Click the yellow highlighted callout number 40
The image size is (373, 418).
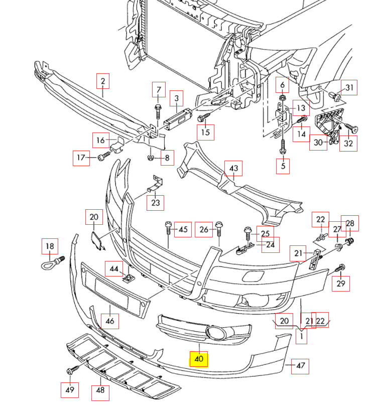click(x=199, y=359)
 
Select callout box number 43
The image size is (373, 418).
click(x=233, y=168)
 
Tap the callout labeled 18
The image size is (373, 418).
click(x=50, y=246)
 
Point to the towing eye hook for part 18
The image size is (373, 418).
click(x=53, y=263)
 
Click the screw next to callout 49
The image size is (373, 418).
click(x=72, y=369)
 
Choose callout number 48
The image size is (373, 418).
click(x=100, y=390)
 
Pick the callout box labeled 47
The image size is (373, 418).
click(x=300, y=366)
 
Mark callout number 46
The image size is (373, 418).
click(x=110, y=321)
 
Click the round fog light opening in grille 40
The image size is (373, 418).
click(x=216, y=333)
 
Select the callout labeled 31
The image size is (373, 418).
click(x=349, y=87)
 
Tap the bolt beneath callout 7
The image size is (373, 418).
click(x=158, y=112)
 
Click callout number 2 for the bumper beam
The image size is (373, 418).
click(x=103, y=81)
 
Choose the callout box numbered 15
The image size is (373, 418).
click(x=205, y=132)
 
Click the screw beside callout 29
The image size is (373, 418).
click(x=340, y=267)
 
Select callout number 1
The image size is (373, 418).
click(x=301, y=336)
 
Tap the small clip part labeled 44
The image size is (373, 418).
click(x=129, y=278)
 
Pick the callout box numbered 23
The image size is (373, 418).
click(x=155, y=203)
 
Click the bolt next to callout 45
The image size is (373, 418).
click(x=168, y=228)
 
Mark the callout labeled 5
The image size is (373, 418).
click(x=283, y=166)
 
